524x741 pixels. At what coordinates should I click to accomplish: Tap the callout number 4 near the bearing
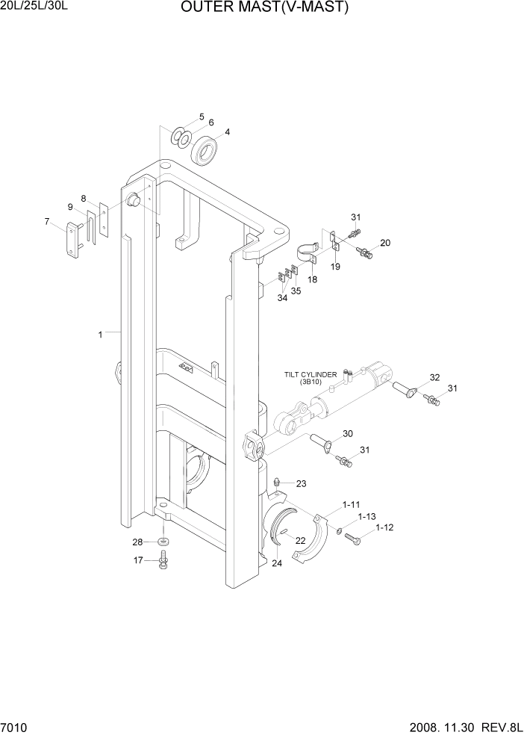[227, 132]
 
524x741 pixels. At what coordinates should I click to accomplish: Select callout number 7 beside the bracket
[47, 221]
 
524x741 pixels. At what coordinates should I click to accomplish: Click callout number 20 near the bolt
[385, 243]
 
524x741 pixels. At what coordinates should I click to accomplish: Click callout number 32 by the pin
[434, 377]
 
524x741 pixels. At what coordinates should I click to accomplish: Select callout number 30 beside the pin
[347, 434]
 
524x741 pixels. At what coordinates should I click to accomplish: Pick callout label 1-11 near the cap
[352, 505]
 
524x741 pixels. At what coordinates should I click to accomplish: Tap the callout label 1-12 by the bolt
[384, 527]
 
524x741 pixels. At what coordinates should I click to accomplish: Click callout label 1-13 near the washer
[367, 516]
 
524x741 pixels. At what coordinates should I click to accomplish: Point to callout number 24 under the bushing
[277, 563]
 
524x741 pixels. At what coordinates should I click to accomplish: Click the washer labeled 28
[163, 541]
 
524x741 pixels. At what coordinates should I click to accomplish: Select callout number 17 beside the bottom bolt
[137, 559]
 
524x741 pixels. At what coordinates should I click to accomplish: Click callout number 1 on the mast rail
[100, 335]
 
